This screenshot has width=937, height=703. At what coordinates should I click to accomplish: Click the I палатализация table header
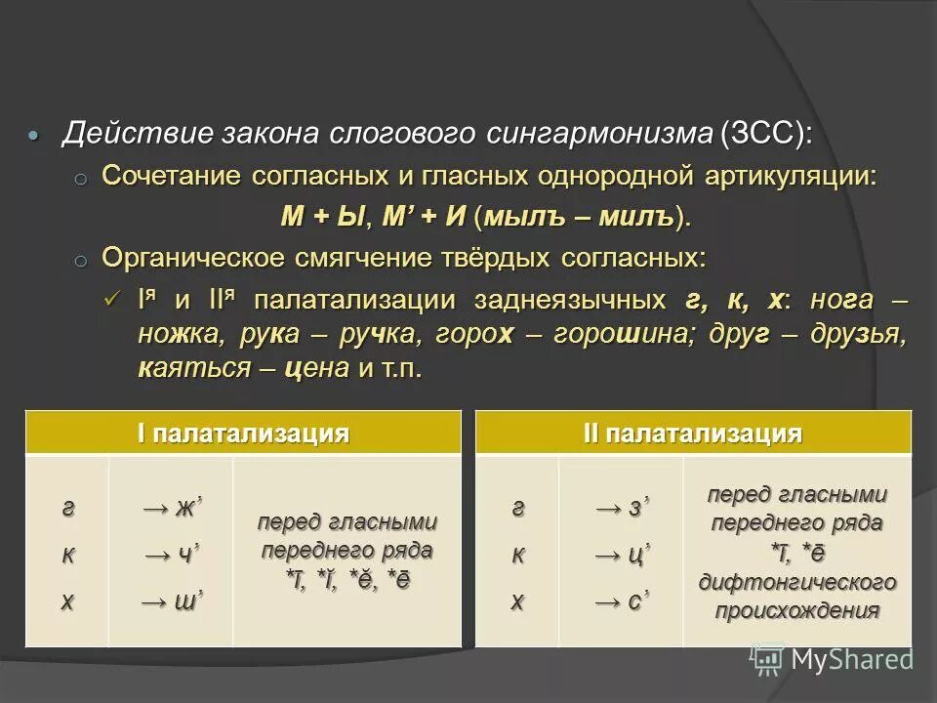click(x=243, y=434)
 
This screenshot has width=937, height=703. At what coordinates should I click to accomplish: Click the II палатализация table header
click(x=693, y=434)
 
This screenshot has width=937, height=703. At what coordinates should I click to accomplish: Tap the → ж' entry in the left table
click(x=173, y=509)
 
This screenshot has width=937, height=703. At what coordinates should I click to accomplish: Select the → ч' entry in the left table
click(x=173, y=556)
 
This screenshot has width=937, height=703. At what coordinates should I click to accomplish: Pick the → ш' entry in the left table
click(x=173, y=601)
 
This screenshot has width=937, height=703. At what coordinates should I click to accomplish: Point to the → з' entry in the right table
click(x=622, y=509)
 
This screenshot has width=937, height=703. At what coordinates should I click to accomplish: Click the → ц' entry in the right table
click(x=622, y=556)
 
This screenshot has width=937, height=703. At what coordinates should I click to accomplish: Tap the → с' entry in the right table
click(x=622, y=601)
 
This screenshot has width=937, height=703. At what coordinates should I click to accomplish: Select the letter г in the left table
click(x=67, y=509)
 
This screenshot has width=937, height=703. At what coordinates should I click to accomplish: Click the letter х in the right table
click(x=517, y=601)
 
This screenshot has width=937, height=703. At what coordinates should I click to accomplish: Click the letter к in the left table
click(x=67, y=556)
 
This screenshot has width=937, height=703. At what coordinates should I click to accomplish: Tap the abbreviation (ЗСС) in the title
click(x=766, y=133)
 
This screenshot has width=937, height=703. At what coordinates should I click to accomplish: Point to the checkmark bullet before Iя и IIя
click(x=111, y=299)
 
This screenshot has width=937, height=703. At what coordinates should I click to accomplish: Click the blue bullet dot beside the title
click(x=35, y=135)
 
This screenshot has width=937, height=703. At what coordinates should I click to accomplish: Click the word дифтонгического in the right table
click(x=796, y=583)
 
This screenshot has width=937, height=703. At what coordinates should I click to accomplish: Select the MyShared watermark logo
click(x=833, y=659)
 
